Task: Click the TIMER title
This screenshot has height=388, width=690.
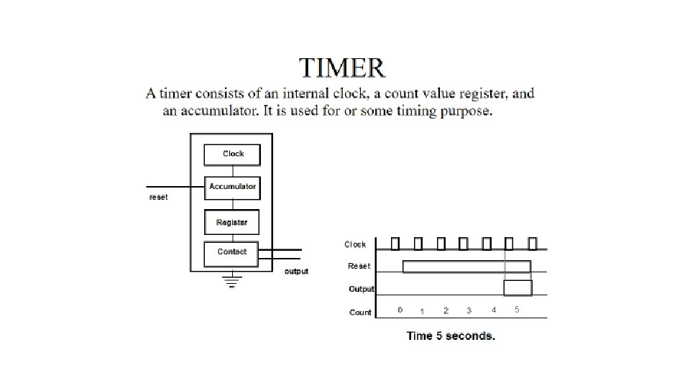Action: pos(342,68)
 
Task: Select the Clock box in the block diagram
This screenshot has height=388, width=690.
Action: pos(232,155)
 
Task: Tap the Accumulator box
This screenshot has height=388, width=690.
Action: pos(232,188)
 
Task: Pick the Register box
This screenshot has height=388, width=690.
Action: pos(232,222)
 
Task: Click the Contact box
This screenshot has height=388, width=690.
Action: pos(231,254)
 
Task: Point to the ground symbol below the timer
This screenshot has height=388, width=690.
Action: pos(232,281)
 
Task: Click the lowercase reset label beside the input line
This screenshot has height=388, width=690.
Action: pos(158,197)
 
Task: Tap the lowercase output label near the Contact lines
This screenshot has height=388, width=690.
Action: pos(296,272)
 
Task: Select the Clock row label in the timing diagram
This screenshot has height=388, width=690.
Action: pos(355,244)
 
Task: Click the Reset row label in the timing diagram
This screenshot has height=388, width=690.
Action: pos(359,266)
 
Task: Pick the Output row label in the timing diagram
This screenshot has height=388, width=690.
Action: pos(362,289)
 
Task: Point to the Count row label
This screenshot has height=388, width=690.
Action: pos(360,313)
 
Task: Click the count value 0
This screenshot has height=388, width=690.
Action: pos(400,310)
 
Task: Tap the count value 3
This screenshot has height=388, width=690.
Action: pos(469,310)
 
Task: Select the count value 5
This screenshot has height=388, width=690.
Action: pos(517,310)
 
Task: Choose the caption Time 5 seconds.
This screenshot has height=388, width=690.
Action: pos(451,336)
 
